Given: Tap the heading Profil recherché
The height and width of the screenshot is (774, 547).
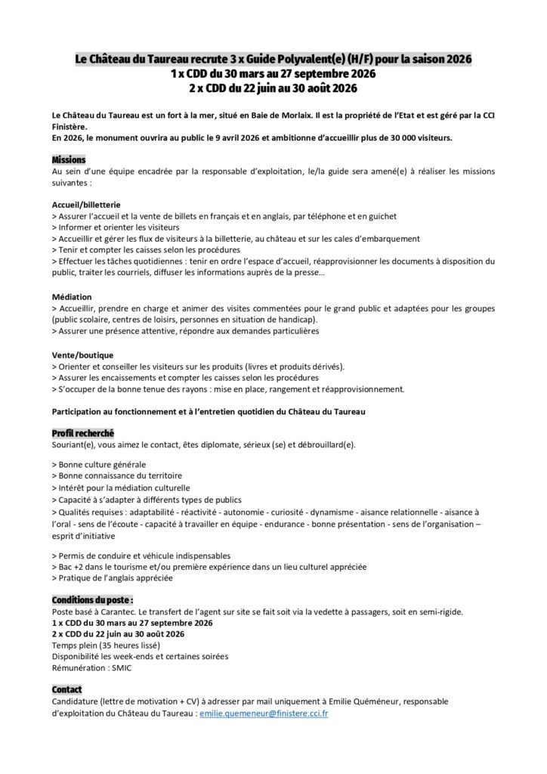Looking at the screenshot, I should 83,433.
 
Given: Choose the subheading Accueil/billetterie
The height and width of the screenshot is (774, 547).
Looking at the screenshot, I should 85,205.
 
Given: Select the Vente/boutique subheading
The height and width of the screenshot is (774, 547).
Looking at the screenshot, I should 82,354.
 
